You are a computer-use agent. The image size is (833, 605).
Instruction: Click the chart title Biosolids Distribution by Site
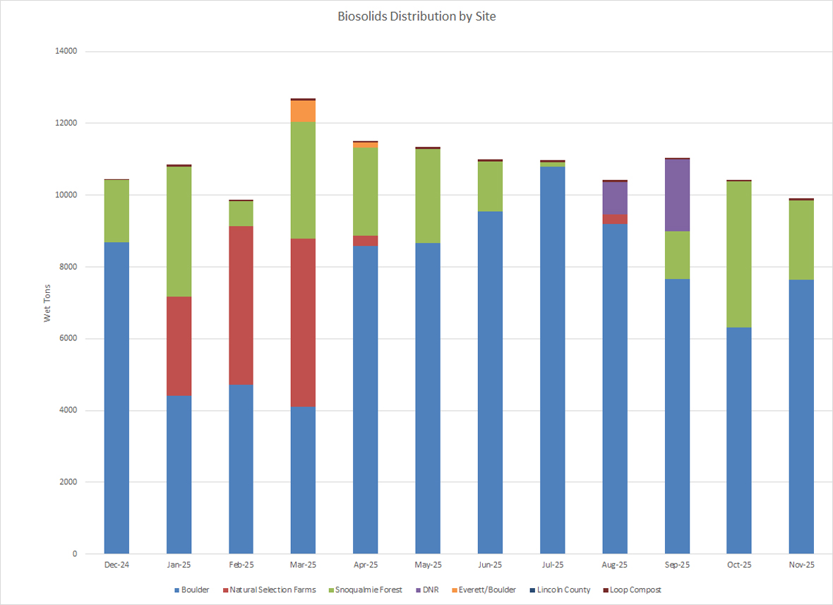(416, 16)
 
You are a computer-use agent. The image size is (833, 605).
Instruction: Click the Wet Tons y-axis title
(47, 303)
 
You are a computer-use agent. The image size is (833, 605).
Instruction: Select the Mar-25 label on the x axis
(303, 565)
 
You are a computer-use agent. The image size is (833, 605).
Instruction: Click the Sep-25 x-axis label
(677, 565)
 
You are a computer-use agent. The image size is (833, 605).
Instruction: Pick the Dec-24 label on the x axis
(116, 565)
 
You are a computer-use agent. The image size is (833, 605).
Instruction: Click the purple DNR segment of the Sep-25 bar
(677, 196)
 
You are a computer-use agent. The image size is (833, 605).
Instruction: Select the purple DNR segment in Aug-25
(615, 198)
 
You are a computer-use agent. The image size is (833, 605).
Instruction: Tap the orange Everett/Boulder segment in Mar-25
(303, 111)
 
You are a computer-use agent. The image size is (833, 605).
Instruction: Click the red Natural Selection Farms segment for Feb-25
(241, 305)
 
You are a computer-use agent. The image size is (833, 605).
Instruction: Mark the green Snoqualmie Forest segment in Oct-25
(739, 254)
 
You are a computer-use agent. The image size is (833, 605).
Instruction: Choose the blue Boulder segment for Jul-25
(552, 360)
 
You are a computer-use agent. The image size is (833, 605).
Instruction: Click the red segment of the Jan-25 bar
(179, 346)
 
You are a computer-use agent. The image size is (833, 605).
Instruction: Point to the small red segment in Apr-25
(366, 241)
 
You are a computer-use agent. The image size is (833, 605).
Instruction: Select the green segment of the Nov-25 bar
(801, 240)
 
